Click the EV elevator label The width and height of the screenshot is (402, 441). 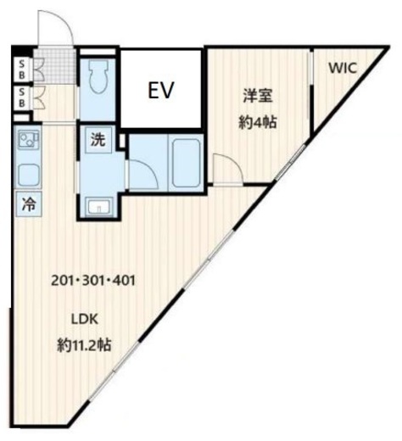pos(161,90)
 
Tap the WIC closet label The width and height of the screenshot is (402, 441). pos(343,68)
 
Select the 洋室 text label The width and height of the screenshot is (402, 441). pos(258,96)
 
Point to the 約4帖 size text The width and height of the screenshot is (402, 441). pos(257,122)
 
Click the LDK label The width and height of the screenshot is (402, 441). pos(84,319)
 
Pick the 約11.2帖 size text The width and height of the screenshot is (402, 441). pos(84,344)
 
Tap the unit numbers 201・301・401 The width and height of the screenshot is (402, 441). pos(93,281)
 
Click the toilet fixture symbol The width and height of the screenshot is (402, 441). pos(98,76)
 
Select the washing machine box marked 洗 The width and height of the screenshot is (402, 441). pos(98,140)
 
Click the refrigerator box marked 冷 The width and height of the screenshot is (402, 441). pos(29,204)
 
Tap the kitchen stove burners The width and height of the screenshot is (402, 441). pos(28,140)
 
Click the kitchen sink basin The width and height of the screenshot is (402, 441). pos(29,176)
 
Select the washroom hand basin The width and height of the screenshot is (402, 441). pos(99,206)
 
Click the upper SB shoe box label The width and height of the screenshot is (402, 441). pos(22,70)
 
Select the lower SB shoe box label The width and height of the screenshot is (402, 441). pos(22,98)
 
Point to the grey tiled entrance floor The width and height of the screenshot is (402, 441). pos(55,66)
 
